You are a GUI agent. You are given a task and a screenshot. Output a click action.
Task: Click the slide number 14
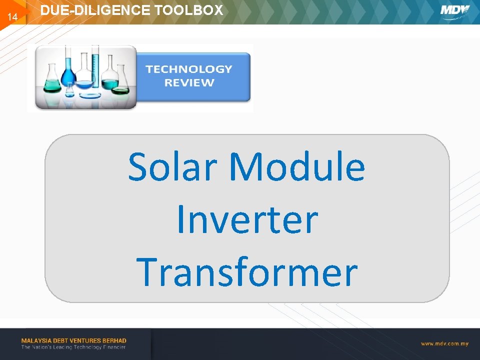click(12, 17)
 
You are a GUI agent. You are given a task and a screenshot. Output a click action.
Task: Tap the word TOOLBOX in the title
click(188, 10)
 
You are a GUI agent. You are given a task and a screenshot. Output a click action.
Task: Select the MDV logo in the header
click(454, 11)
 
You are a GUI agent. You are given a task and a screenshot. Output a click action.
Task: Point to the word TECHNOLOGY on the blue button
click(189, 69)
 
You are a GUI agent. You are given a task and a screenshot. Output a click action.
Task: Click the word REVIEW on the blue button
click(189, 82)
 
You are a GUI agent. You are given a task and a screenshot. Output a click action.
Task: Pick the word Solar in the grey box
click(172, 167)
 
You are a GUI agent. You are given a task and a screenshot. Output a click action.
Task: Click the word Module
click(297, 166)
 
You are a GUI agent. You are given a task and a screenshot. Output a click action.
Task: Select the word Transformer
click(246, 272)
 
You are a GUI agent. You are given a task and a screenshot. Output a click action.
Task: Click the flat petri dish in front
click(90, 95)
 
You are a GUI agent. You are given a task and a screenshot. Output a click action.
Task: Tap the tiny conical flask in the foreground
click(69, 90)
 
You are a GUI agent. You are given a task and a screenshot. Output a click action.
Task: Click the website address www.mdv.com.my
click(444, 344)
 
